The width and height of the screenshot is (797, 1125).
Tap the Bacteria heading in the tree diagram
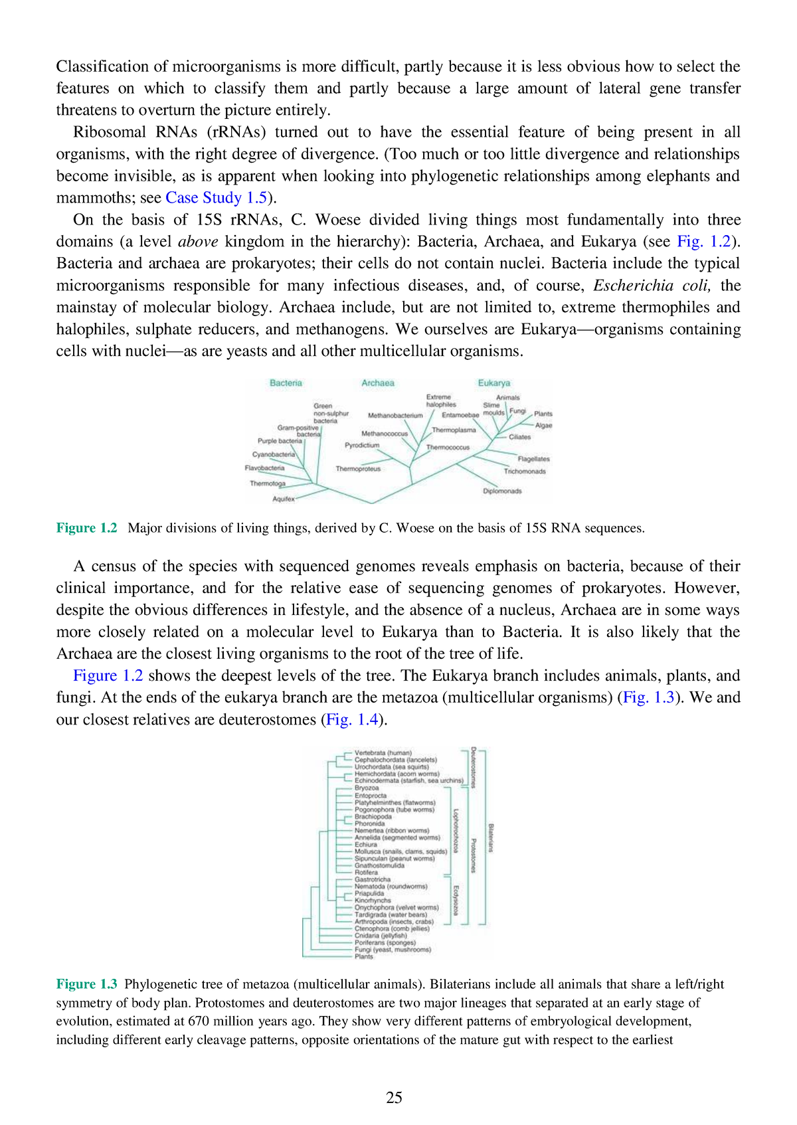[286, 383]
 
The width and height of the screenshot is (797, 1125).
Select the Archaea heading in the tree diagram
[377, 383]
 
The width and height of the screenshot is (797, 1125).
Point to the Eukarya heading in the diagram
[493, 383]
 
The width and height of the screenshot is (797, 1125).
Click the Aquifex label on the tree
[284, 499]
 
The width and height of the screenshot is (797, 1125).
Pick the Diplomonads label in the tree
[502, 491]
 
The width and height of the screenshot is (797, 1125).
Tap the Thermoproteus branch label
[358, 469]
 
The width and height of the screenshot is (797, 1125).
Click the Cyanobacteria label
[273, 455]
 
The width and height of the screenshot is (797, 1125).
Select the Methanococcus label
[385, 434]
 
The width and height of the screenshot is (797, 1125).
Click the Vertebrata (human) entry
[383, 753]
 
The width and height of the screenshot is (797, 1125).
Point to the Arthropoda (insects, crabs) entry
[394, 922]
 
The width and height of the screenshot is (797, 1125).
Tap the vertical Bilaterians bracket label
[491, 838]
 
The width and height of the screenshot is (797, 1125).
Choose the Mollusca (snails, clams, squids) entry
[400, 851]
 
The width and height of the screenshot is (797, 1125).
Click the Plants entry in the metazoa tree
[364, 957]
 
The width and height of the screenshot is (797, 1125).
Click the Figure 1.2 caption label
[86, 529]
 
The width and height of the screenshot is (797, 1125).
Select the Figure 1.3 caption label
[86, 984]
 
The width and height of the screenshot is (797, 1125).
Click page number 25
[394, 1098]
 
